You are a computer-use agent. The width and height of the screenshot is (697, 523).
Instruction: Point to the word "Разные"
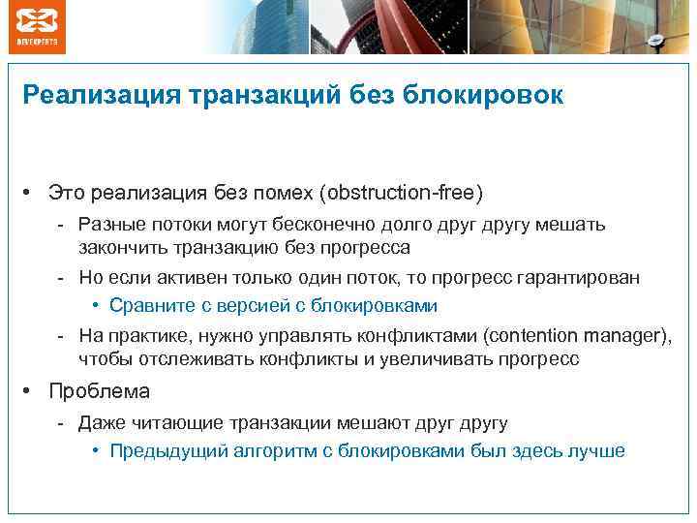[x=109, y=225]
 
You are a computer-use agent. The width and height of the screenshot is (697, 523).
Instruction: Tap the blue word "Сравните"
[x=148, y=306]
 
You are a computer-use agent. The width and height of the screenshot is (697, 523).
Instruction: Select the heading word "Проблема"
[x=100, y=391]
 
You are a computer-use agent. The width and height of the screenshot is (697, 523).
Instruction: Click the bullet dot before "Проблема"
[x=32, y=391]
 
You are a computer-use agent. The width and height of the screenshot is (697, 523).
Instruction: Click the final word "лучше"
[x=599, y=450]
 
